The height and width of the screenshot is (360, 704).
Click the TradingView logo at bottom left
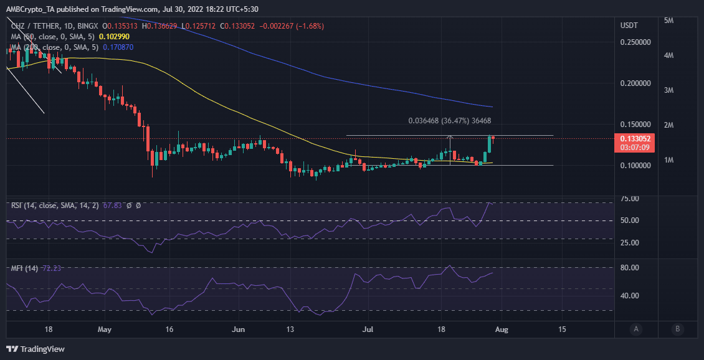click(36, 349)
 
